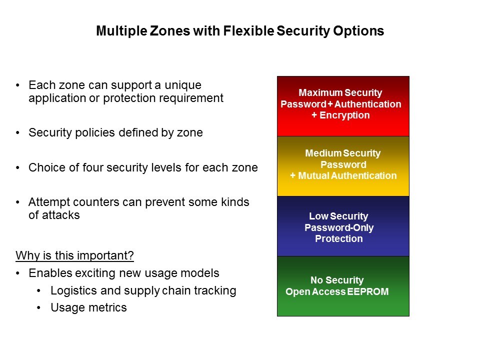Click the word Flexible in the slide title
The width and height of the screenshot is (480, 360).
click(248, 31)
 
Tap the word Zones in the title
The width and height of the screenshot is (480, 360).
click(170, 31)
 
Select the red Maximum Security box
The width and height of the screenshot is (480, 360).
click(343, 106)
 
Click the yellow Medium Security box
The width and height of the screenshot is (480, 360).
click(343, 166)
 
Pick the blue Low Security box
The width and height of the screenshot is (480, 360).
click(343, 226)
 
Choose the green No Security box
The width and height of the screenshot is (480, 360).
click(343, 286)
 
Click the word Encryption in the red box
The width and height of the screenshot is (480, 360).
click(344, 115)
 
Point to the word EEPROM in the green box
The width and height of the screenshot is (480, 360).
click(368, 291)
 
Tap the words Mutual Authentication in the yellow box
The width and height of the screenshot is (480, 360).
click(347, 175)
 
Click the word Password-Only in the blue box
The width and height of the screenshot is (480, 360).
click(339, 228)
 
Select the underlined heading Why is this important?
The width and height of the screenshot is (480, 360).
click(74, 255)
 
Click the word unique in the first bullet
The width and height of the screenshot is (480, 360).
click(183, 85)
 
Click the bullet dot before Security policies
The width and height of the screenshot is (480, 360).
click(18, 133)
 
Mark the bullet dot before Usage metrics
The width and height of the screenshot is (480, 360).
click(38, 307)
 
